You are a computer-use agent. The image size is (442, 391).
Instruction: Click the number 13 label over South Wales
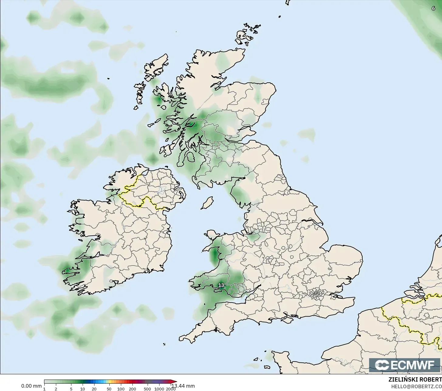coord(221,285)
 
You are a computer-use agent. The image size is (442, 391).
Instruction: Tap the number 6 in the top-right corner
coord(433,9)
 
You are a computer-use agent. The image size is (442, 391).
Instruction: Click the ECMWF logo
coord(405,365)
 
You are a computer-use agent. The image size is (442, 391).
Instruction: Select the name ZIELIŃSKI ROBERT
coord(415,380)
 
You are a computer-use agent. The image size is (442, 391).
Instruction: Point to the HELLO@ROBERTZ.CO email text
coord(416,386)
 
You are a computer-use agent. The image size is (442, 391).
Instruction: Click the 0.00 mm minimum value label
coord(31,386)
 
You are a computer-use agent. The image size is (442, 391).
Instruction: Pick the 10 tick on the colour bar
coord(82,389)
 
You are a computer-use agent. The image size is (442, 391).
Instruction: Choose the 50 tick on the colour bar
coord(109,389)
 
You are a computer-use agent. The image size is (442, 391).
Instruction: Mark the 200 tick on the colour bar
coord(132,389)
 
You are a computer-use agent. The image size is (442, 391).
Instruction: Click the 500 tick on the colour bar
coord(148,389)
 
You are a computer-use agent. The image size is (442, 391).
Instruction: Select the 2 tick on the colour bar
coord(56,389)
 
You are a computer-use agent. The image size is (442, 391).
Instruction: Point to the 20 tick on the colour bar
coord(94,389)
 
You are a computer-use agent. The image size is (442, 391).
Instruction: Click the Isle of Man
coord(207,203)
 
